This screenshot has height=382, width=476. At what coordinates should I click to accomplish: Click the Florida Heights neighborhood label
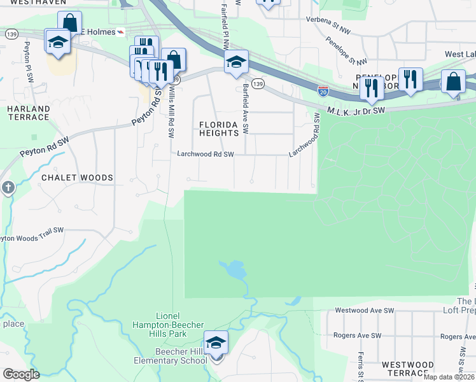pyautogui.click(x=219, y=129)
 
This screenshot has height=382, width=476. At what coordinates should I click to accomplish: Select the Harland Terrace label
pyautogui.click(x=28, y=113)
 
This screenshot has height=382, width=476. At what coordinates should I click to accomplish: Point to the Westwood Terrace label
pyautogui.click(x=408, y=369)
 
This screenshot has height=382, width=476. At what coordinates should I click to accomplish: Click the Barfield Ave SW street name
pyautogui.click(x=246, y=109)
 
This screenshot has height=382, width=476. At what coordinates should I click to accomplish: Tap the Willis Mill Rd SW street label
pyautogui.click(x=170, y=113)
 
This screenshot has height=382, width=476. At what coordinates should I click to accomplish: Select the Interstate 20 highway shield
pyautogui.click(x=323, y=90)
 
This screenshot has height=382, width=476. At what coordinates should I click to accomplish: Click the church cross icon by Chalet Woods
pyautogui.click(x=7, y=188)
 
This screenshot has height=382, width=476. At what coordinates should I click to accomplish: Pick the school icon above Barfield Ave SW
pyautogui.click(x=235, y=61)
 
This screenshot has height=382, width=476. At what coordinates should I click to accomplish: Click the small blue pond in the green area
pyautogui.click(x=234, y=270)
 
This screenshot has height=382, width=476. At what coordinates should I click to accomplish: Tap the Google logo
pyautogui.click(x=22, y=374)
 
